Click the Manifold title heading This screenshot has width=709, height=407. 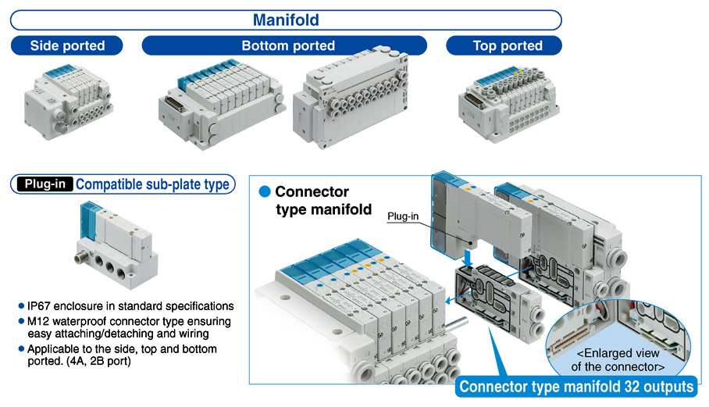(286, 20)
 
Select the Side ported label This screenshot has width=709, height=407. (67, 46)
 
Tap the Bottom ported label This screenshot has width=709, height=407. (288, 46)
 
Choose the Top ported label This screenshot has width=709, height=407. (508, 46)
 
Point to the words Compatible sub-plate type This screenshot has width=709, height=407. (153, 184)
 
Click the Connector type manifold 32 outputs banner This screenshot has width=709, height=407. (576, 387)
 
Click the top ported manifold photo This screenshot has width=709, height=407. (508, 102)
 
